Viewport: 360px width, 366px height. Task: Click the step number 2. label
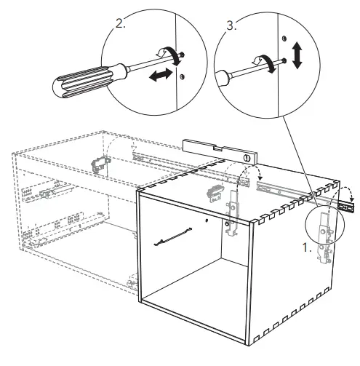point(121,23)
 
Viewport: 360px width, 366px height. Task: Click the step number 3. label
point(232,25)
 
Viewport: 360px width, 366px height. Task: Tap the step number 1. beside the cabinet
point(308,247)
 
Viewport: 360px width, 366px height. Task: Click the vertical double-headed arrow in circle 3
point(297,55)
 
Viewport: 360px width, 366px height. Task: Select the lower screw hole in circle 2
point(183,76)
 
